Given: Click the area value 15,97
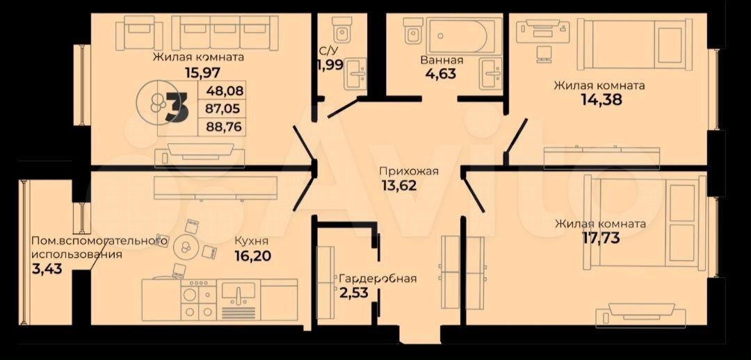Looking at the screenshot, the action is coord(198,73).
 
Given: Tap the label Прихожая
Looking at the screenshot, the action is coord(409,172).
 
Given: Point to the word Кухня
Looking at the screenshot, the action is coord(252,242).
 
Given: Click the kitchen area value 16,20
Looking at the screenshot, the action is coord(253,256).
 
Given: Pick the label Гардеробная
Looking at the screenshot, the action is coord(378,279).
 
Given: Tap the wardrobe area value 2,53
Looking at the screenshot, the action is coord(355,292).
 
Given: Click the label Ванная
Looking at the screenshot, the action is coord(442,60).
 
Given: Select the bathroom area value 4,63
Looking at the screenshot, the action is coord(439,74).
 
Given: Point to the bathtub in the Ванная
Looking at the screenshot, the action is coord(458,37).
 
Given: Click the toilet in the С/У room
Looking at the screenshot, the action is coord(343,31).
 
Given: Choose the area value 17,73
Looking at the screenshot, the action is coord(601,238).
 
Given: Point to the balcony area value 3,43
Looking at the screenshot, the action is coord(42,269).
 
